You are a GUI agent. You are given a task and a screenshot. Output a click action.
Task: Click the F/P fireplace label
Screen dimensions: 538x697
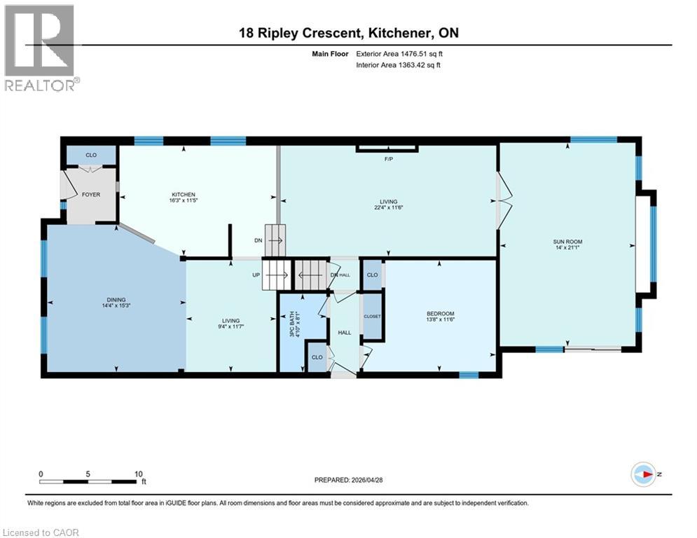pyautogui.click(x=387, y=159)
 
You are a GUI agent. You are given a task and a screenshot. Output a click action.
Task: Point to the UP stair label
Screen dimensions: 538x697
pyautogui.click(x=256, y=275)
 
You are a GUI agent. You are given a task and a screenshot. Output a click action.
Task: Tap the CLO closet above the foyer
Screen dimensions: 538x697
pyautogui.click(x=91, y=155)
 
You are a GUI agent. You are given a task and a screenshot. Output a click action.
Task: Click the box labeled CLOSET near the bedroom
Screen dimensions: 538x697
pyautogui.click(x=372, y=317)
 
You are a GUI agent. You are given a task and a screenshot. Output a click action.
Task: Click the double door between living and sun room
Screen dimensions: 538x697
pyautogui.click(x=502, y=200)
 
